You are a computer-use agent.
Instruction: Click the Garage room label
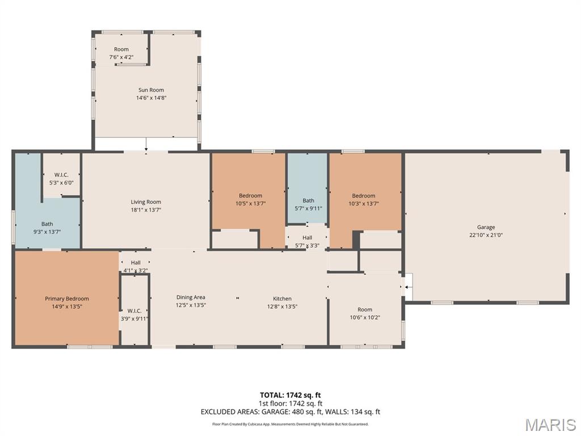486,227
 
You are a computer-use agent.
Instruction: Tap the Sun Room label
151,90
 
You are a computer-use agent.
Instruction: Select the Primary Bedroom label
67,299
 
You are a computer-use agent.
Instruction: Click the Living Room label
146,202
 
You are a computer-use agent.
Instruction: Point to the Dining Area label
191,297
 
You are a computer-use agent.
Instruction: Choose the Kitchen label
282,299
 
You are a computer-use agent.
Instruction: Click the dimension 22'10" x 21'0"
486,235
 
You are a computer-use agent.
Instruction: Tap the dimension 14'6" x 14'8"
151,98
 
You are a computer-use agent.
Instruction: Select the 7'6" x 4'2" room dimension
121,57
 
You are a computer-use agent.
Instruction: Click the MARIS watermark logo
550,424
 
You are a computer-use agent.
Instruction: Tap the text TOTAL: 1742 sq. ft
290,395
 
